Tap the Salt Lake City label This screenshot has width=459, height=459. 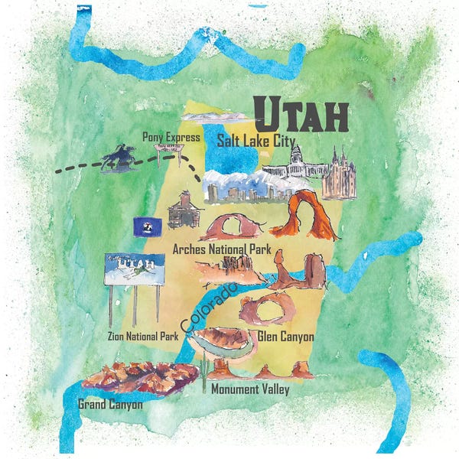pyautogui.click(x=261, y=140)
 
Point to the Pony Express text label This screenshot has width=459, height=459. pyautogui.click(x=171, y=137)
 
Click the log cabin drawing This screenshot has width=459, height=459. pyautogui.click(x=184, y=210)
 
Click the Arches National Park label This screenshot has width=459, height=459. pyautogui.click(x=221, y=249)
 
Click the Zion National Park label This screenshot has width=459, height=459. pyautogui.click(x=143, y=336)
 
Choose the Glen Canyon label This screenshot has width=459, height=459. pyautogui.click(x=285, y=336)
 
